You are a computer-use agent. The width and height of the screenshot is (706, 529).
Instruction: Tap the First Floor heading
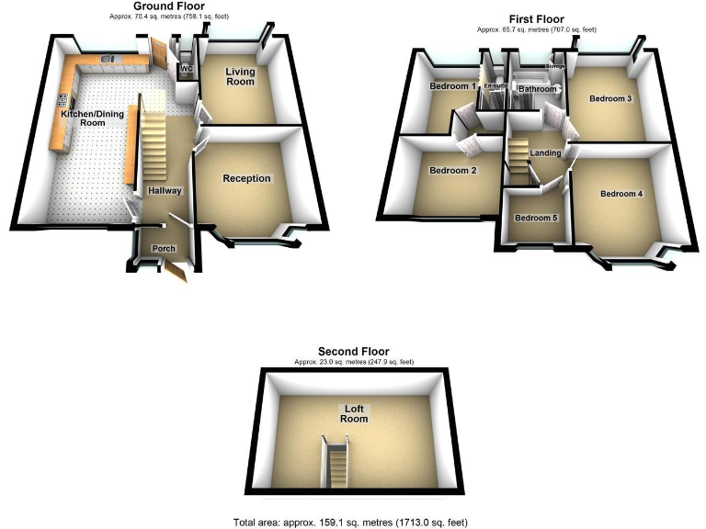pos(537,18)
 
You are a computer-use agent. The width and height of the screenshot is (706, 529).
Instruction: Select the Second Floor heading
pos(353,351)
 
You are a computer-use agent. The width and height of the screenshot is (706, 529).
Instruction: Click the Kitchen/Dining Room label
pos(81,118)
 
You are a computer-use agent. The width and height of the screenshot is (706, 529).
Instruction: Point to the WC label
pos(186,69)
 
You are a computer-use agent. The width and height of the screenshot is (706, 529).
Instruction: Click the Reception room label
pos(246,178)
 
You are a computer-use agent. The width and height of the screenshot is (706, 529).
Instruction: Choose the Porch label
pos(164,249)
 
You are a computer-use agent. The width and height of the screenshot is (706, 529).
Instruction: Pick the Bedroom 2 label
pos(453,171)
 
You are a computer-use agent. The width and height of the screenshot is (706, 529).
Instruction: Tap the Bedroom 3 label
pos(609,99)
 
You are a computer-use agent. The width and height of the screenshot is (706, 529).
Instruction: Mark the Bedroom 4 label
pos(621,194)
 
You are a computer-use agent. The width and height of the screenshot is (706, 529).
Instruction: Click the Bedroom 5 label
pos(536,218)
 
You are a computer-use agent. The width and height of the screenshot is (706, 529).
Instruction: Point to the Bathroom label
pos(538,89)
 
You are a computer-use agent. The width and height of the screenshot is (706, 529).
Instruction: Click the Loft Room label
pos(354,413)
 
